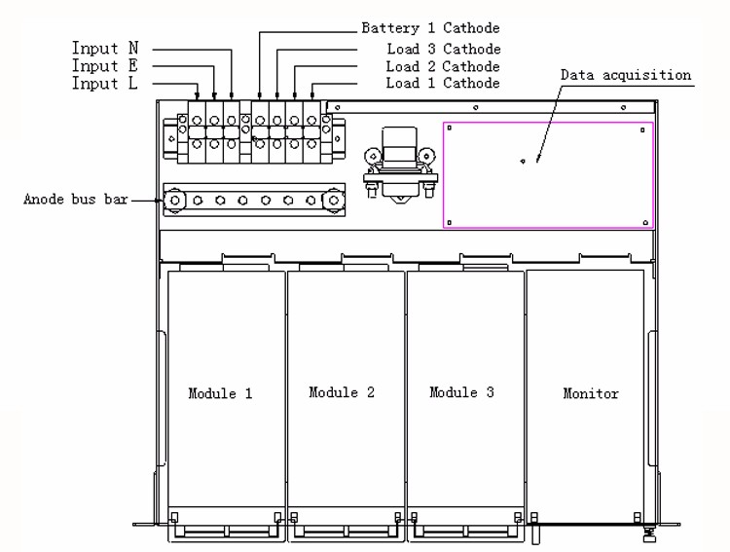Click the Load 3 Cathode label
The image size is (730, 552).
pyautogui.click(x=443, y=48)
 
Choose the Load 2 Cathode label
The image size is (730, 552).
pyautogui.click(x=443, y=66)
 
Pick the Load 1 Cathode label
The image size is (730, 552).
pyautogui.click(x=443, y=85)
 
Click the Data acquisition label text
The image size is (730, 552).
pyautogui.click(x=626, y=75)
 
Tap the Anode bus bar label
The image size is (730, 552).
pyautogui.click(x=75, y=201)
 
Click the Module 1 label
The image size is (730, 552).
pyautogui.click(x=221, y=393)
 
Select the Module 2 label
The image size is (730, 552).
pyautogui.click(x=342, y=392)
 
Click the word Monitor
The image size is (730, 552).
pyautogui.click(x=591, y=393)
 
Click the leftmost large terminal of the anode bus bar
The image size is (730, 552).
pyautogui.click(x=176, y=201)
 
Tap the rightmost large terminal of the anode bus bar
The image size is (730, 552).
pyautogui.click(x=334, y=201)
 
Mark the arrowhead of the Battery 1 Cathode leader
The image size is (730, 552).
pyautogui.click(x=259, y=98)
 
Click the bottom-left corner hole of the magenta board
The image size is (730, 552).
pyautogui.click(x=449, y=222)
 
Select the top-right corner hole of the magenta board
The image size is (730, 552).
pyautogui.click(x=647, y=128)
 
